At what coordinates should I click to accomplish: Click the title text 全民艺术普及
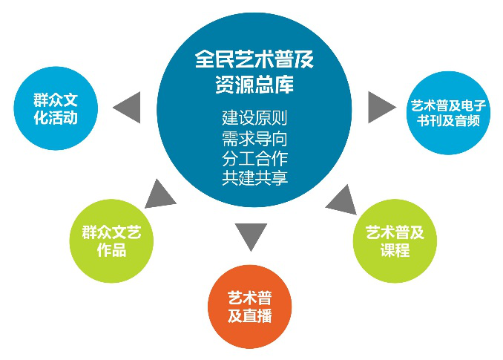pos(254,59)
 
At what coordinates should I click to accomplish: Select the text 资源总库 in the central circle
pos(254,84)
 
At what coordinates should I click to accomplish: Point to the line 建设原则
pos(254,118)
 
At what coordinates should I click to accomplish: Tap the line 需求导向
pos(254,139)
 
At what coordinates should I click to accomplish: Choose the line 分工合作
pos(254,158)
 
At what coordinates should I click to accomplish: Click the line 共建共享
pos(254,177)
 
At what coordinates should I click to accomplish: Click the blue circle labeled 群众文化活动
pos(56,108)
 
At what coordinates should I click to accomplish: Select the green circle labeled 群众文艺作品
pos(111,240)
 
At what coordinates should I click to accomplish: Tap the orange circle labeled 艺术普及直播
pos(250,307)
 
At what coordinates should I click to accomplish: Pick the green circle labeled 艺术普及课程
pos(395,240)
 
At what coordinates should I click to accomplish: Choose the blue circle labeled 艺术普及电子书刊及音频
pos(448,113)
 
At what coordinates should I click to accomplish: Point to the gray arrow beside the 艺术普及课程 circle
pos(342,200)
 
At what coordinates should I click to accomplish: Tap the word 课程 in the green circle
pos(395,249)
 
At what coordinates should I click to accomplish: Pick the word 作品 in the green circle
pos(111,249)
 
